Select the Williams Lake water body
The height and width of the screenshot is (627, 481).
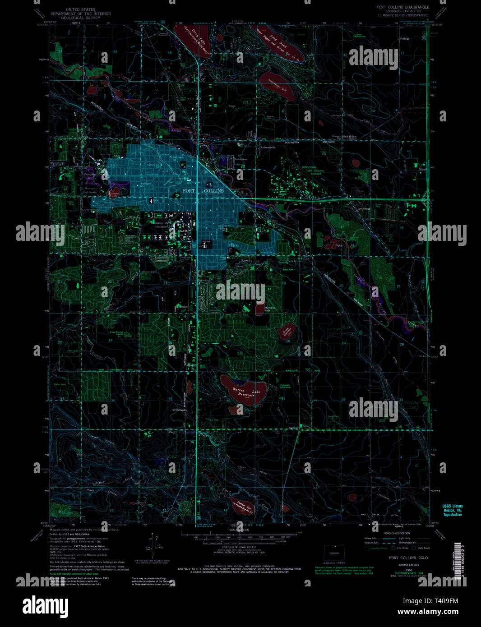(x=259, y=309)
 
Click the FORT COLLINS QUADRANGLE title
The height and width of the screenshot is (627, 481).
(x=403, y=8)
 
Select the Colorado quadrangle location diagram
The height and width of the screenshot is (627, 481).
(x=334, y=553)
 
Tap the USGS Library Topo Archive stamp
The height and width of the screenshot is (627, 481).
(x=453, y=510)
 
